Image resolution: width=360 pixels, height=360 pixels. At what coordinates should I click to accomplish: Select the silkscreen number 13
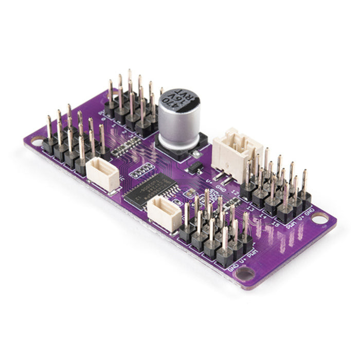[x=251, y=202]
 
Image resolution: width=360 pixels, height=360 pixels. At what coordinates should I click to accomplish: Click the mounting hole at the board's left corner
[x=37, y=139]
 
